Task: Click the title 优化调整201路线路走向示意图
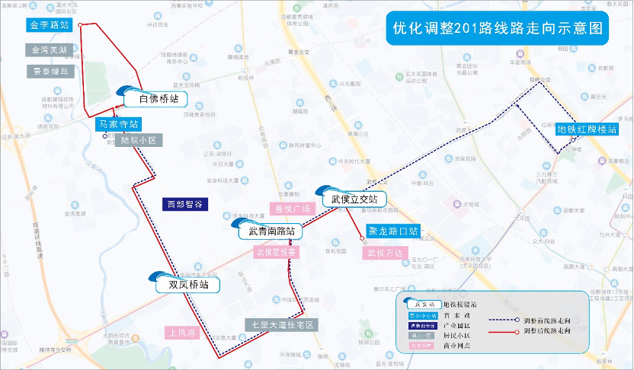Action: click(x=497, y=28)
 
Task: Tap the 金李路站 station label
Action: click(x=49, y=25)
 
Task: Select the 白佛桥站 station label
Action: click(x=158, y=99)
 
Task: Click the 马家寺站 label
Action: click(x=118, y=123)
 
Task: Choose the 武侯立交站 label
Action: click(x=354, y=199)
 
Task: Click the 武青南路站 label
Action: click(x=271, y=231)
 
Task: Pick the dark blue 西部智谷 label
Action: click(x=184, y=204)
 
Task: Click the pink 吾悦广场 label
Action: click(x=293, y=209)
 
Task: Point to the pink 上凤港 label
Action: click(x=183, y=333)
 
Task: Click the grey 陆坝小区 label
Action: click(x=138, y=141)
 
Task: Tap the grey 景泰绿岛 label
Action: click(x=50, y=71)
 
